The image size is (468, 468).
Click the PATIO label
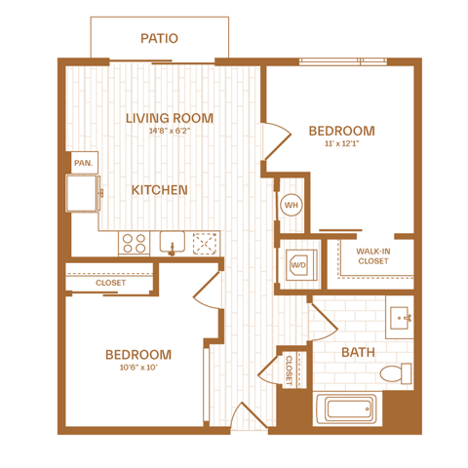[x=159, y=38]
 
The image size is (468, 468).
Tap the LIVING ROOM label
[x=170, y=118]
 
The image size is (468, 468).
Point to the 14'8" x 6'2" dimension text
[x=170, y=131]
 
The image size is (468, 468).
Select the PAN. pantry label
[x=84, y=163]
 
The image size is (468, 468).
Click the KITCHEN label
[x=159, y=190]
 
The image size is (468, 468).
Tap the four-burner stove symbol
[x=134, y=244]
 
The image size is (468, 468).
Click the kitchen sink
[x=173, y=243]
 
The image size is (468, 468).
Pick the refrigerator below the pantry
[x=83, y=193]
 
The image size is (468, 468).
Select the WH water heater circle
[x=292, y=205]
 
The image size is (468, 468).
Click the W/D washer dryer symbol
[x=301, y=265]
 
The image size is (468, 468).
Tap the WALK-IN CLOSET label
[x=373, y=256]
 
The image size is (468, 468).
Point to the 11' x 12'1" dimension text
[x=341, y=143]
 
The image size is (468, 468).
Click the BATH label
[x=358, y=352]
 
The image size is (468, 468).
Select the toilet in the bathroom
[x=396, y=373]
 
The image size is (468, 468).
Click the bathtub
[x=347, y=409]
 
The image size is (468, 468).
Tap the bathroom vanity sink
[x=400, y=317]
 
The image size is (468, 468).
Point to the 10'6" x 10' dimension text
[x=138, y=368]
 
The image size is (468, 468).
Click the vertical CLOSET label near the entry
[x=289, y=370]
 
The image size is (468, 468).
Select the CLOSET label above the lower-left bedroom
[x=110, y=283]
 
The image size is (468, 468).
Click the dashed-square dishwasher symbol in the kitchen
[x=205, y=244]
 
